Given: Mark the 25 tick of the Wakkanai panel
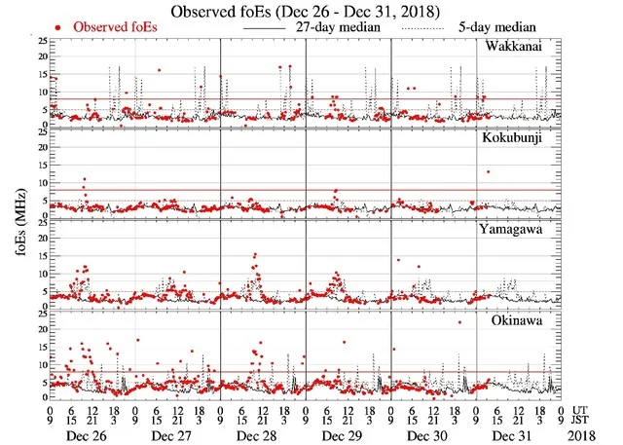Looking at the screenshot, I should pyautogui.click(x=40, y=42).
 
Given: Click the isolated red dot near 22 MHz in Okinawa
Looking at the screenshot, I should pyautogui.click(x=459, y=322).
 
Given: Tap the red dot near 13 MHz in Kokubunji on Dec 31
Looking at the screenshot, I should pyautogui.click(x=488, y=172).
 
